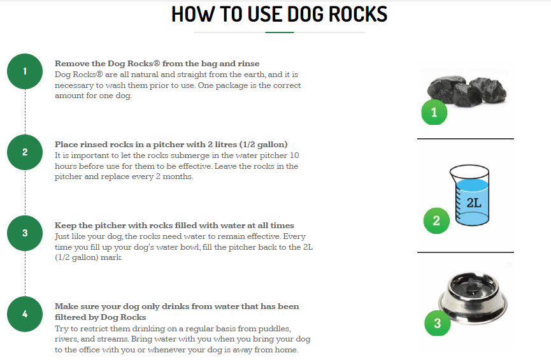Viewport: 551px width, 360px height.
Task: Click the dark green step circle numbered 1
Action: [25, 71]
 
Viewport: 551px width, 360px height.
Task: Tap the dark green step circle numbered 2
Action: [25, 152]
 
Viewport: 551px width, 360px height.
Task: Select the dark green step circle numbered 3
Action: [25, 233]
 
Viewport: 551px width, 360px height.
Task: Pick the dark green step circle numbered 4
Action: [25, 314]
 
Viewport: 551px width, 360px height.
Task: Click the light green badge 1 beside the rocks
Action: [434, 112]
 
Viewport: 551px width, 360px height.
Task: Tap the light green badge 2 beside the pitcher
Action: [436, 221]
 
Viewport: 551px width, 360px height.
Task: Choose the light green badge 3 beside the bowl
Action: [438, 323]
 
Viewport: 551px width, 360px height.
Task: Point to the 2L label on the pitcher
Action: [474, 203]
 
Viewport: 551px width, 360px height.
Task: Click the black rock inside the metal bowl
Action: [471, 286]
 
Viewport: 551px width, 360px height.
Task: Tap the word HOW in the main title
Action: [193, 15]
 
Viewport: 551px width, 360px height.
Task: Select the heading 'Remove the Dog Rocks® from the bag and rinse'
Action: [157, 64]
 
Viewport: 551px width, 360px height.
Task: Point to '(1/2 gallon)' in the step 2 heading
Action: [264, 145]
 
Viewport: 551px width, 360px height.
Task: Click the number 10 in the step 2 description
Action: [294, 155]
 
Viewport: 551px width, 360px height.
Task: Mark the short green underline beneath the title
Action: [280, 32]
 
